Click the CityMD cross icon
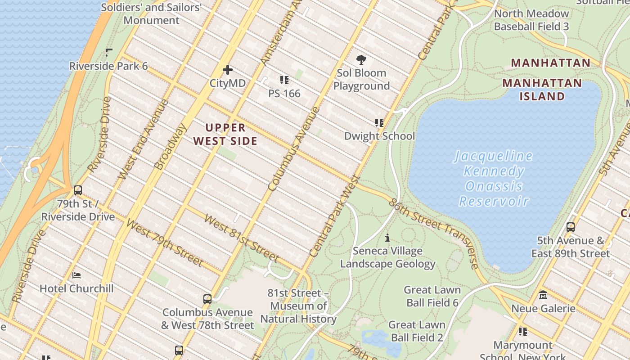click(228, 70)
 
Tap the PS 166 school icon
click(284, 81)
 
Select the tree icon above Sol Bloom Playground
click(361, 60)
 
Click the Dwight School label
click(379, 136)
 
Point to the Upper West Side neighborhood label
click(225, 134)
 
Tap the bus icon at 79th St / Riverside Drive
click(78, 190)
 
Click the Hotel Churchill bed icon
click(76, 275)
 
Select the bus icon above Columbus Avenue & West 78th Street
click(207, 299)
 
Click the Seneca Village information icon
click(387, 238)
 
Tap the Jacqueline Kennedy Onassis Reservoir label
click(494, 179)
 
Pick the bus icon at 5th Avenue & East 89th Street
click(571, 227)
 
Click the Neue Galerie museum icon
click(543, 295)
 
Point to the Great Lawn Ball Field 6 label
click(432, 296)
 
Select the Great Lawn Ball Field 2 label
click(417, 331)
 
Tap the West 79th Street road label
click(164, 242)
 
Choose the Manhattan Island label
click(542, 90)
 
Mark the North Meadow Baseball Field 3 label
click(531, 20)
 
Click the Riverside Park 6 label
click(108, 66)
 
